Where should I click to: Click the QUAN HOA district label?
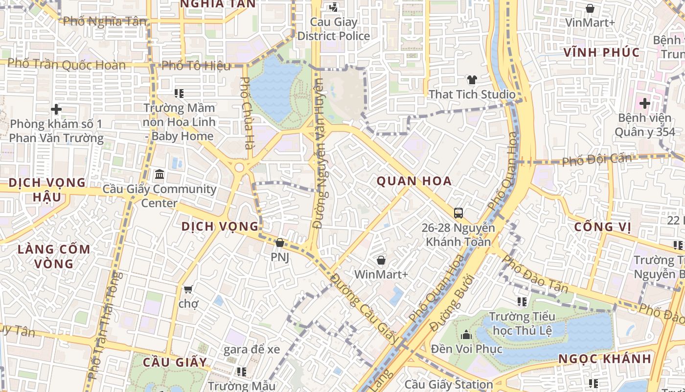click(x=414, y=181)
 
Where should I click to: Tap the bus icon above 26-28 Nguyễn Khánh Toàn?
click(x=458, y=213)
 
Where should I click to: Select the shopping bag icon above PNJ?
click(x=280, y=243)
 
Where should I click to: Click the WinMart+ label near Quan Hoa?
click(x=381, y=274)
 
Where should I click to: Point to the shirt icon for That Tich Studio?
click(x=472, y=80)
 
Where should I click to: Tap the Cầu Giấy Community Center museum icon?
click(x=160, y=174)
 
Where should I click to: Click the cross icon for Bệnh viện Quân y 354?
click(x=644, y=103)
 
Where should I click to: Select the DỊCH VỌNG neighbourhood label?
click(x=220, y=226)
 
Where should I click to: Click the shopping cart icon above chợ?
click(x=188, y=290)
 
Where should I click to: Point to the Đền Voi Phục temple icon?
click(x=466, y=335)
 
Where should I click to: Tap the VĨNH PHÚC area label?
click(x=601, y=52)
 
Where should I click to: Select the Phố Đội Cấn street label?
click(x=596, y=159)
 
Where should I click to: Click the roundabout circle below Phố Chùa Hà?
click(x=239, y=168)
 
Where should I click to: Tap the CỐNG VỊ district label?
click(x=602, y=227)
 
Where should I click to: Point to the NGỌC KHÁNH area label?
click(x=605, y=359)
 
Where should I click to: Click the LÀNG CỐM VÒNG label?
click(x=54, y=256)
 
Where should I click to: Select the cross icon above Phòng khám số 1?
click(x=56, y=109)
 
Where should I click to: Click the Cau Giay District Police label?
click(x=334, y=29)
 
